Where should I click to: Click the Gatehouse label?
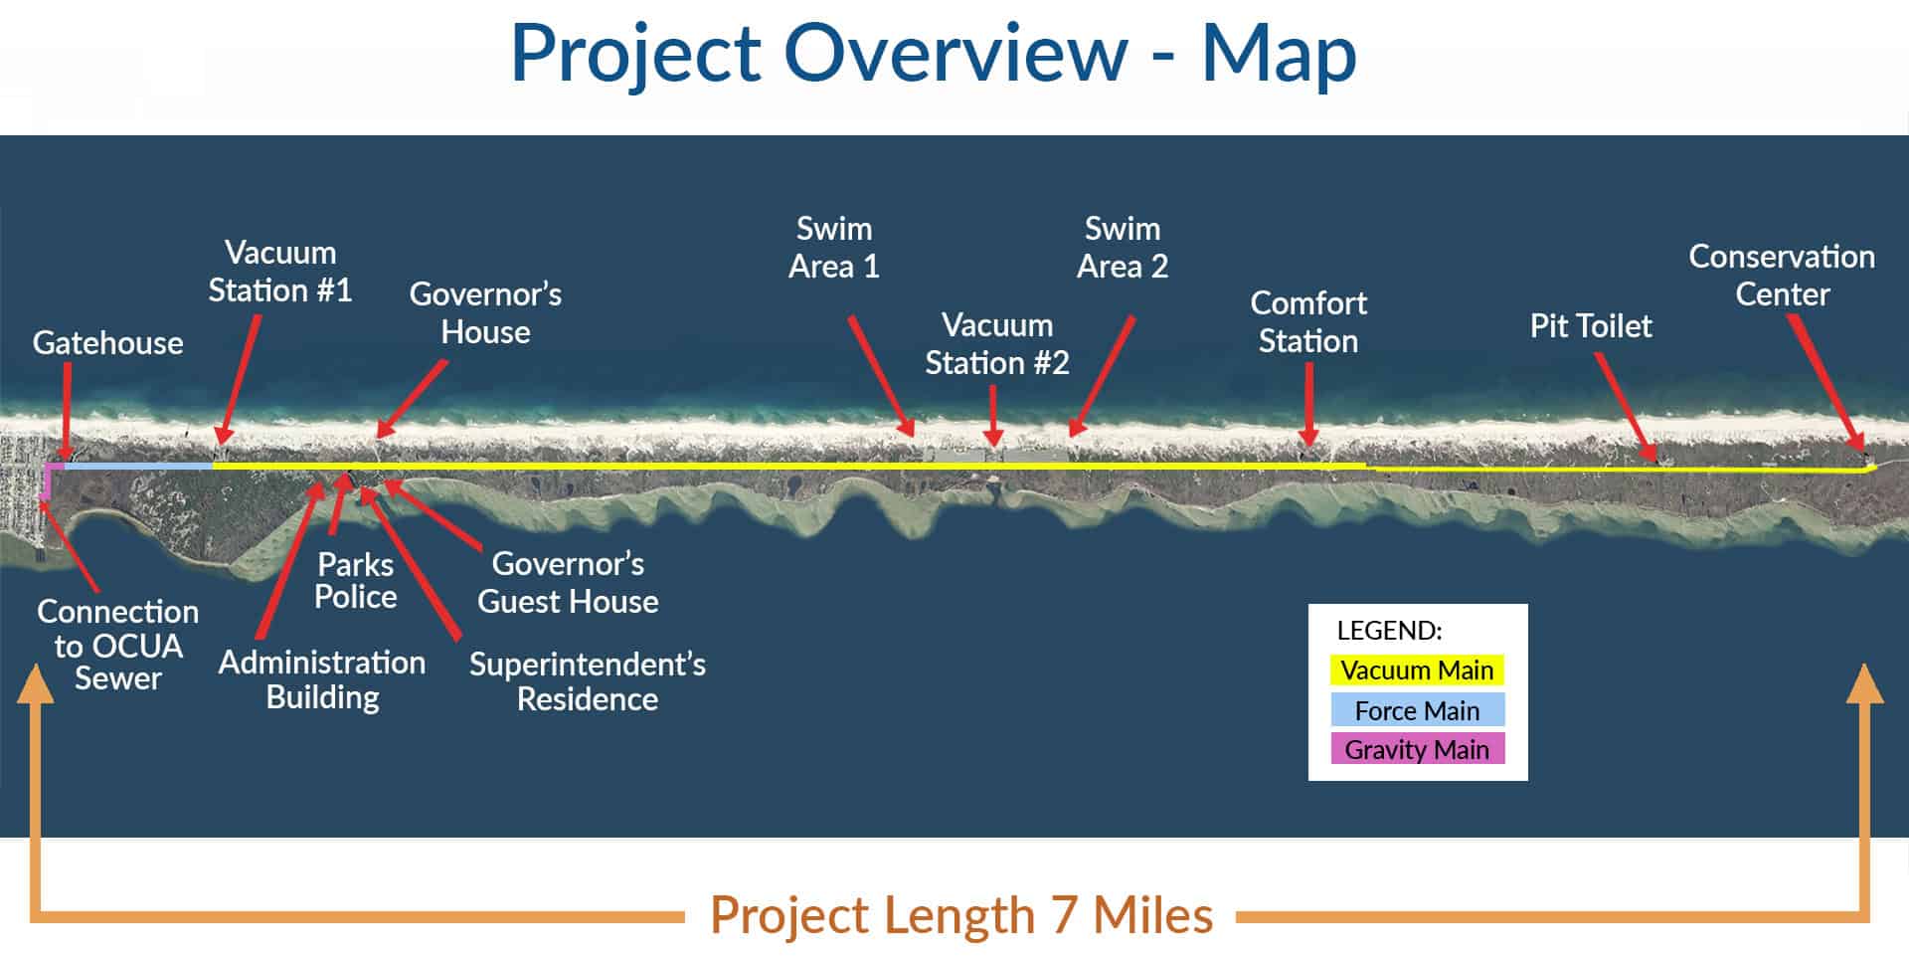[x=107, y=343]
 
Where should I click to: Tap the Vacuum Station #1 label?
[x=279, y=272]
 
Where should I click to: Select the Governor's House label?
[x=485, y=312]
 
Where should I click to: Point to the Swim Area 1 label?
[x=834, y=248]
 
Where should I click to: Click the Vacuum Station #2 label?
[x=997, y=344]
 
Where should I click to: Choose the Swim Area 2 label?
[x=1123, y=248]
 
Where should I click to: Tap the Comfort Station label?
[x=1308, y=322]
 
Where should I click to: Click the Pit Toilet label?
[x=1591, y=326]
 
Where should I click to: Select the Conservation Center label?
[x=1782, y=276]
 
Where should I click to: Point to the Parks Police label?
[x=356, y=580]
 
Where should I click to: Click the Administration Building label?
[x=322, y=680]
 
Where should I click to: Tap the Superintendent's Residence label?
[x=588, y=681]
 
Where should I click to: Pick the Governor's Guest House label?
[x=568, y=583]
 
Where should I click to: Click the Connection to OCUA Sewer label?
[x=118, y=645]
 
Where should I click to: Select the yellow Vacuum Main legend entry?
[x=1417, y=670]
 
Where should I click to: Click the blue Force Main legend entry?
[x=1417, y=710]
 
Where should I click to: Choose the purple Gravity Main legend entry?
[x=1417, y=749]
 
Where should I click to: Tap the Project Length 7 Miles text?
[x=961, y=915]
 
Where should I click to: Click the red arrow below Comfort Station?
[x=1308, y=404]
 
